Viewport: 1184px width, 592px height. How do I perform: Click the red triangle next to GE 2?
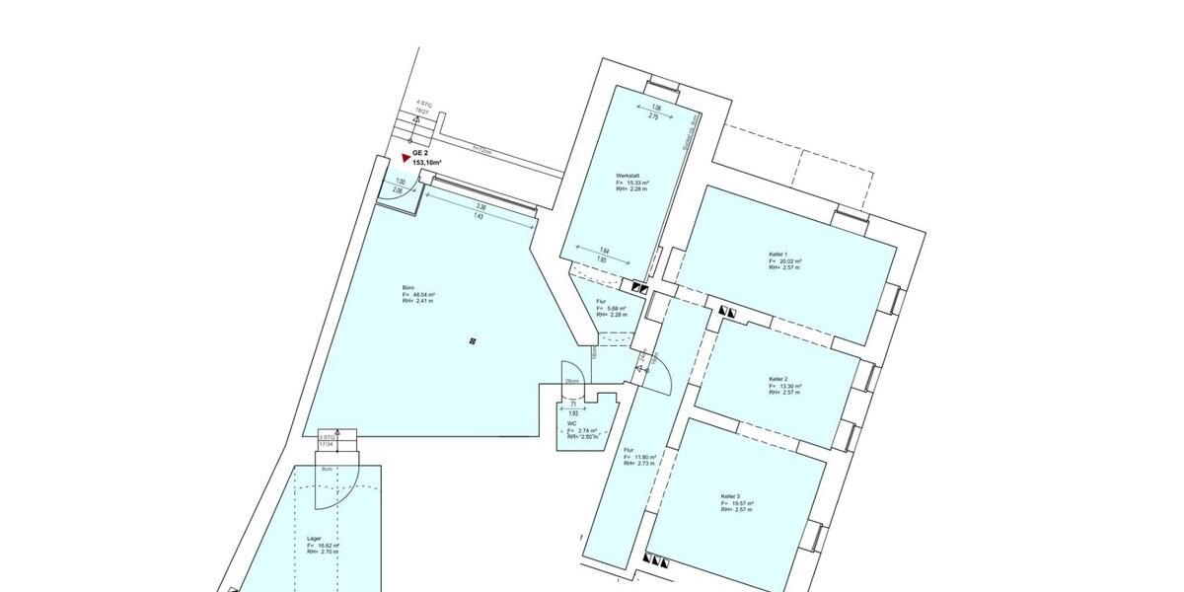(x=406, y=157)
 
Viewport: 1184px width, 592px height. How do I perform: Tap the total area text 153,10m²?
(x=427, y=163)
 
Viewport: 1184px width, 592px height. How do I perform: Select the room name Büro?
(x=407, y=287)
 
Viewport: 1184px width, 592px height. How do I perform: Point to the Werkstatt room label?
(x=629, y=176)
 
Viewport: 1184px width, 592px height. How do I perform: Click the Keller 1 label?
(x=777, y=254)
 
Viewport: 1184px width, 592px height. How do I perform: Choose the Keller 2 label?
(x=777, y=379)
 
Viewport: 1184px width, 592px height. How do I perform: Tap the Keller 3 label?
(x=731, y=496)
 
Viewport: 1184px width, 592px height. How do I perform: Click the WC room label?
(x=571, y=423)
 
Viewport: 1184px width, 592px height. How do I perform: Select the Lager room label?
(x=314, y=538)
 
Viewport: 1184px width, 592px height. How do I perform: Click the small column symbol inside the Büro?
(x=474, y=341)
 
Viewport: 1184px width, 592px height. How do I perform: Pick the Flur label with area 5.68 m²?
(x=601, y=301)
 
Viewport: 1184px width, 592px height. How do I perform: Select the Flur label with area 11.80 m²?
(x=629, y=450)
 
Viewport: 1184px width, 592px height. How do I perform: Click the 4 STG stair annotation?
(x=423, y=103)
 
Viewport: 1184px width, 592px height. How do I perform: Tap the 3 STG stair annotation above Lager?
(x=326, y=437)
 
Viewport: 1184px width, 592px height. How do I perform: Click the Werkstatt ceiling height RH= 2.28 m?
(x=632, y=189)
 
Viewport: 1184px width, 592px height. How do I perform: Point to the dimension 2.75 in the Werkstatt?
(x=652, y=116)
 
